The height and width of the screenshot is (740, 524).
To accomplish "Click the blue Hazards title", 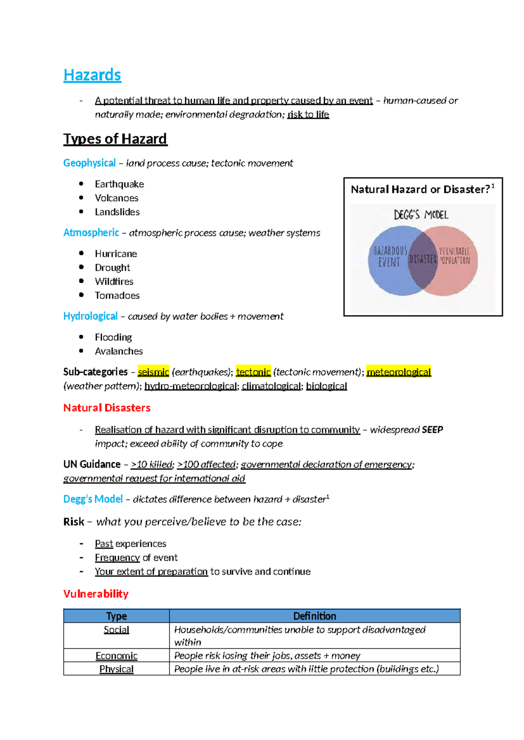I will (x=92, y=75).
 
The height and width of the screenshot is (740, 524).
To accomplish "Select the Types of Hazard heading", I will (x=115, y=139).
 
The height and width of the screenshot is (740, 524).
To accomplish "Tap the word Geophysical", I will (x=89, y=163).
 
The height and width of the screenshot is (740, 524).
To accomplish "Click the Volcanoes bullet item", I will (x=116, y=198).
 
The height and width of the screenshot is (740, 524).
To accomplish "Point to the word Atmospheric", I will (x=91, y=233).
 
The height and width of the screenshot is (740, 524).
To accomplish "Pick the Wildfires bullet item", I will (x=114, y=281).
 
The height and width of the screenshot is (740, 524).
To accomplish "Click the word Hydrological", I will (x=90, y=316).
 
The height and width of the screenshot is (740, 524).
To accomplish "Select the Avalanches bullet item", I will (x=118, y=351).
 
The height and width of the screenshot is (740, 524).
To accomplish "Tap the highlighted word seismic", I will (x=153, y=372).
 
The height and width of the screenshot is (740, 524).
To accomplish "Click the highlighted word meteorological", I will (x=398, y=372).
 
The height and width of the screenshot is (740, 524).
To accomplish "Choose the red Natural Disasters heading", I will (x=107, y=408).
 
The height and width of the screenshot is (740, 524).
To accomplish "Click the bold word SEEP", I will (x=432, y=430).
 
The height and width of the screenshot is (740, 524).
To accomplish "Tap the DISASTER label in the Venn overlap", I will (x=423, y=260).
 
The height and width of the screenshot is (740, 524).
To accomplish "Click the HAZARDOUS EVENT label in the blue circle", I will (x=390, y=257).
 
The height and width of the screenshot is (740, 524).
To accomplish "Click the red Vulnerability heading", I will (x=96, y=594).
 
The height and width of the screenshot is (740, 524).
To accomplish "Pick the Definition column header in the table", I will (x=314, y=616).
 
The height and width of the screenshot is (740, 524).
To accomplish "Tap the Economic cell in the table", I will (x=116, y=656).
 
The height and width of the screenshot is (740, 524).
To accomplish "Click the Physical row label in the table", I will (x=116, y=669).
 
